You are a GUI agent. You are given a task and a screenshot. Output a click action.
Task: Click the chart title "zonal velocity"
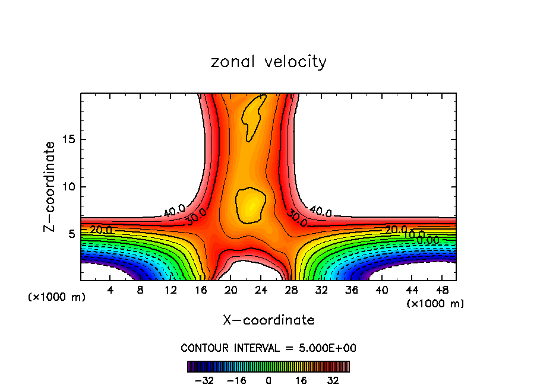click(268, 62)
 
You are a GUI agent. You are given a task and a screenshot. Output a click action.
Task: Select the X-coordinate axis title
click(268, 320)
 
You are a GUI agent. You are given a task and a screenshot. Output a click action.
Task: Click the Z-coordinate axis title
click(50, 186)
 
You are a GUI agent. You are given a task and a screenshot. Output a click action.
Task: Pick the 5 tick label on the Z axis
click(71, 234)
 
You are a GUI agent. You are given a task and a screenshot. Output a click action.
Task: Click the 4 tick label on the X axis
click(110, 291)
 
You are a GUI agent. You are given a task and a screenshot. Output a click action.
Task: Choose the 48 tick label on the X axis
click(442, 291)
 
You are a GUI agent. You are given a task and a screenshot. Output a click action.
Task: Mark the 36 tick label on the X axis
click(352, 291)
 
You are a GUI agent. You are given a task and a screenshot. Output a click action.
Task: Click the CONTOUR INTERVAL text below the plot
click(268, 348)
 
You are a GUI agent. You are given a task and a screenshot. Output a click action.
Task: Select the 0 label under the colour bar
click(268, 380)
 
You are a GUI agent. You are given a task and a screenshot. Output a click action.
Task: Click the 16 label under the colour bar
click(301, 380)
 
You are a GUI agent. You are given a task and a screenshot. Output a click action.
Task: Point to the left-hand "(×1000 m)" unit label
click(57, 297)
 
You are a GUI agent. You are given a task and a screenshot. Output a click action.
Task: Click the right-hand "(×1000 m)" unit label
click(435, 304)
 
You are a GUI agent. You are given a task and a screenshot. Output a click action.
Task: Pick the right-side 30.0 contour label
click(296, 218)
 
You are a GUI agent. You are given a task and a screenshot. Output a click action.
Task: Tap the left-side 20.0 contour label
click(101, 230)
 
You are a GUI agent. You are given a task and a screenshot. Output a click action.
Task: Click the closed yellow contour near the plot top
click(254, 115)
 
